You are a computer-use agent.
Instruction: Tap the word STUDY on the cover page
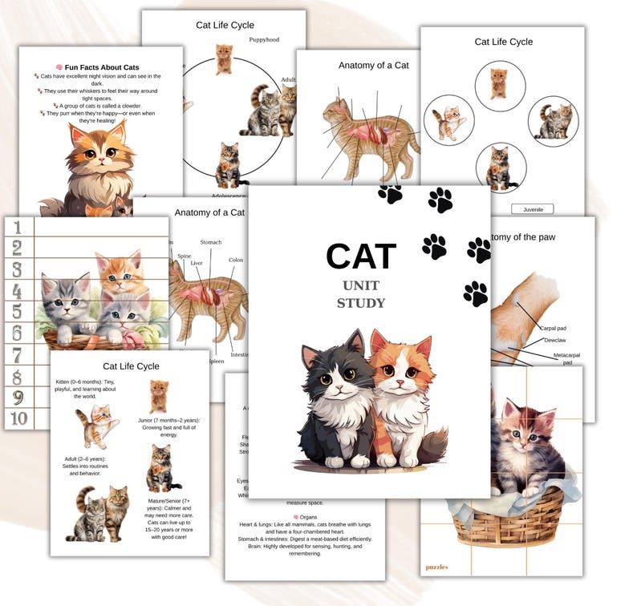[x=361, y=303]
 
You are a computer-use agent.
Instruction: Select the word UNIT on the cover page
[x=361, y=285]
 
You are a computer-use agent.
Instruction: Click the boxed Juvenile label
[x=532, y=209]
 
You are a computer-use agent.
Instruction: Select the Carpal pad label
[x=554, y=328]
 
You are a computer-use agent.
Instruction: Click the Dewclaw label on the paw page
[x=555, y=340]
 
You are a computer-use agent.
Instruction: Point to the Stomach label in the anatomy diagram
[x=210, y=242]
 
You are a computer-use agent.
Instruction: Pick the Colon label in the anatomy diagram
[x=236, y=260]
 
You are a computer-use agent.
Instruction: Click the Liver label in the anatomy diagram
[x=197, y=263]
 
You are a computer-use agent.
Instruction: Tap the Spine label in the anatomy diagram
[x=184, y=256]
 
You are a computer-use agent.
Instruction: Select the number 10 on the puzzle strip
[x=18, y=418]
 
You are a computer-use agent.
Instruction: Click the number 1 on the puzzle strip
[x=18, y=228]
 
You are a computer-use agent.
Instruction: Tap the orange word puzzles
[x=437, y=567]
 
